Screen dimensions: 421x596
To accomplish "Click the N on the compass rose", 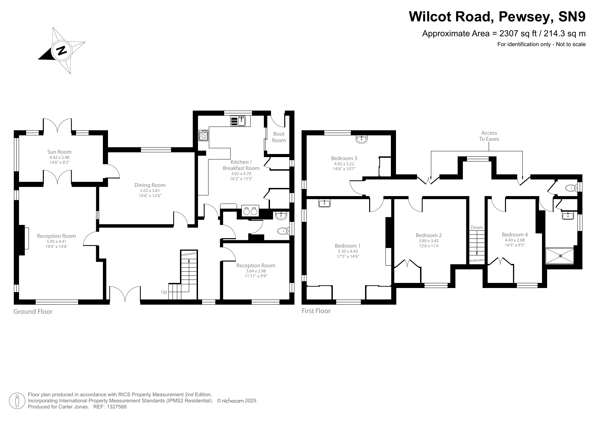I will coord(61,51).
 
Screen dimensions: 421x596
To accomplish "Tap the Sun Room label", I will coord(59,152).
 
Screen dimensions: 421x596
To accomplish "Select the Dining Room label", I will coord(150,185).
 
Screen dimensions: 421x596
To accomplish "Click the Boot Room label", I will coord(279,137).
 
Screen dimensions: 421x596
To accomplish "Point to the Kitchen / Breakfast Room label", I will coord(241,165).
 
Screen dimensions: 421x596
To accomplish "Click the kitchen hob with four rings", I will coord(204,136).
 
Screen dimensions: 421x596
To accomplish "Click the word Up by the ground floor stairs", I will coord(164,292).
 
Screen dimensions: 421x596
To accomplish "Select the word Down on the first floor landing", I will coord(476,228).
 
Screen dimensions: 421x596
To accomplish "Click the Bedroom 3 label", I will coord(344,158).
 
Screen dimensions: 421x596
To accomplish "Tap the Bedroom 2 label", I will coord(429,235).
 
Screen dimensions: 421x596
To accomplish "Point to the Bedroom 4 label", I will coord(515,235).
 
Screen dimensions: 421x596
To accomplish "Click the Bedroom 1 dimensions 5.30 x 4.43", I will coord(348,252).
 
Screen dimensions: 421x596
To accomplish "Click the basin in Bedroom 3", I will coord(362,139).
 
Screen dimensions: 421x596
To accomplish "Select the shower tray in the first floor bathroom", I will coord(560,256).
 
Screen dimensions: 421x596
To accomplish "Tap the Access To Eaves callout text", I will coord(489,136).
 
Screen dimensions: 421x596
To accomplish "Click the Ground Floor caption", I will coord(33,312).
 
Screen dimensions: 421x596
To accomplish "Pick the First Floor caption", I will coord(316,311).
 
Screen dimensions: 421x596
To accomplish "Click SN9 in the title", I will coord(570,16).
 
